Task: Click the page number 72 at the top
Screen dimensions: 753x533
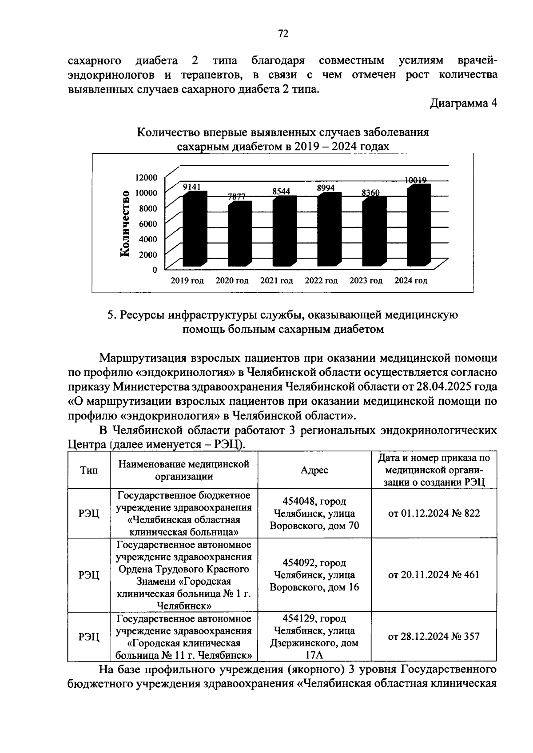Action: [283, 34]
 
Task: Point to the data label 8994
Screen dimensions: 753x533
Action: [326, 188]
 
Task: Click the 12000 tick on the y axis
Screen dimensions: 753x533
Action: [146, 177]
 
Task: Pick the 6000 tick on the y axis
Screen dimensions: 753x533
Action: [148, 223]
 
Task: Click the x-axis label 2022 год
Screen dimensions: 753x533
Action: [321, 281]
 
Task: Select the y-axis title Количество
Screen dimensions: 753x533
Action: [125, 223]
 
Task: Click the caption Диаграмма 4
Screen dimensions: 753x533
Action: [463, 104]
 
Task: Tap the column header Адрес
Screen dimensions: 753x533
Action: [314, 470]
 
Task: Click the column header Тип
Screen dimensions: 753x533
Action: [89, 470]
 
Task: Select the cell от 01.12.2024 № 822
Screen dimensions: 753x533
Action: [434, 514]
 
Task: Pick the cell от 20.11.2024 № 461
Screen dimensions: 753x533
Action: [434, 575]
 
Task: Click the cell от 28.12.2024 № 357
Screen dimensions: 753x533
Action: [434, 637]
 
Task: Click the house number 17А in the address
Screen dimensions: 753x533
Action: [314, 655]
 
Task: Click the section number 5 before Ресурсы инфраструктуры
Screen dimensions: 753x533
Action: [111, 315]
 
